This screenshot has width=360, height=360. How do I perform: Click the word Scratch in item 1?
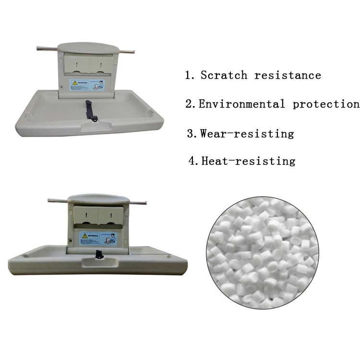click(x=224, y=75)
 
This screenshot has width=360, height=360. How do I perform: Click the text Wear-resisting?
click(x=247, y=133)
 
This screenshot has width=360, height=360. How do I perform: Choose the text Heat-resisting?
click(x=248, y=161)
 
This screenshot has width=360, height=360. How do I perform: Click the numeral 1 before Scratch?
click(x=189, y=75)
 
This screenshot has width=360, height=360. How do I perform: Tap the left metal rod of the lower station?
click(x=57, y=200)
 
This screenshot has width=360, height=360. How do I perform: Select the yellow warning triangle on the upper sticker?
click(x=75, y=83)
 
